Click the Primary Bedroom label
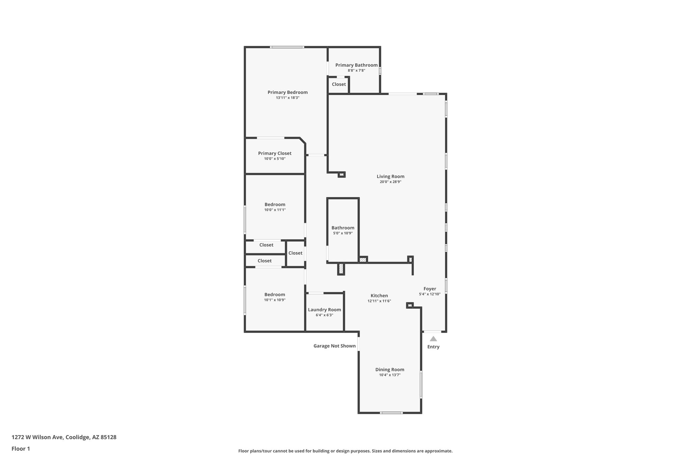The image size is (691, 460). [287, 92]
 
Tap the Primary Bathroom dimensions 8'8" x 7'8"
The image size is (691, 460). [356, 70]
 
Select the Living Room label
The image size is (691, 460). [390, 176]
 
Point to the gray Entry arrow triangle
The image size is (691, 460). [433, 339]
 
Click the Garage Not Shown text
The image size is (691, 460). [334, 346]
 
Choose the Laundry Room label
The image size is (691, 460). [324, 310]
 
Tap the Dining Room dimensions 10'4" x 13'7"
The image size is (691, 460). [390, 375]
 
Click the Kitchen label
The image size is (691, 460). [379, 296]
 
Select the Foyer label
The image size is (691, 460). [430, 288]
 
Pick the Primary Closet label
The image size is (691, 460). [275, 153]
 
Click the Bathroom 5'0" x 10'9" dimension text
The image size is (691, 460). [343, 233]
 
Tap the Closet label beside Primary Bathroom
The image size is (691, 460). [339, 84]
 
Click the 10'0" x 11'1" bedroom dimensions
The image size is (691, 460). [275, 210]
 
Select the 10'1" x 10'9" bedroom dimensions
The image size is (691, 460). [275, 300]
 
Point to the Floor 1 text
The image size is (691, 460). [21, 449]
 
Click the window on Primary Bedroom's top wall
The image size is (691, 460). [287, 47]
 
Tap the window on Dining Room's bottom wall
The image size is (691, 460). [391, 413]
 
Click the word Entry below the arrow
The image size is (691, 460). [433, 347]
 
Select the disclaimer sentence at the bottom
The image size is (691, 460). [345, 451]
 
